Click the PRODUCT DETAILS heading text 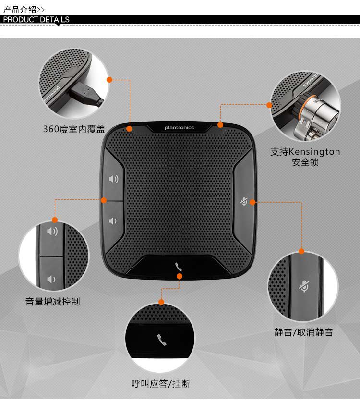coord(36,20)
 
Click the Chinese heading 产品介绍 coord(20,10)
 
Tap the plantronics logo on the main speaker coord(179,127)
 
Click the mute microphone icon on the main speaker coord(244,202)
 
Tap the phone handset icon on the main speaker coord(179,267)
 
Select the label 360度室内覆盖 coord(74,129)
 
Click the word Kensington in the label coord(314,152)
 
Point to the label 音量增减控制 coord(53,302)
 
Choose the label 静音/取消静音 coord(303,332)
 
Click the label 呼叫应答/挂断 coord(161,384)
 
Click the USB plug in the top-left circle coord(86,94)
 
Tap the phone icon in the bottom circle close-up coord(161,340)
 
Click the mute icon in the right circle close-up coord(304,286)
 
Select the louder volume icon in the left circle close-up coord(52,232)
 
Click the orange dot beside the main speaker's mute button coord(252,202)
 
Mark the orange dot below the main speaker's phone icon coord(180,276)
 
